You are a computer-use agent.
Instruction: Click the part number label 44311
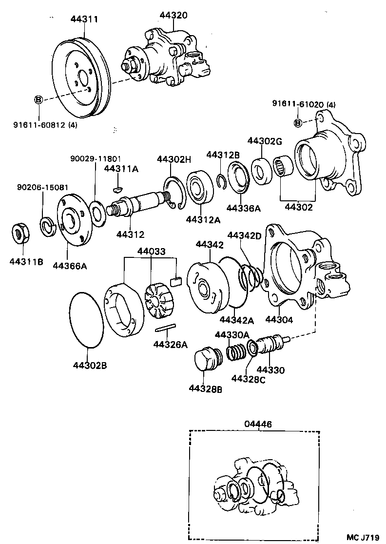[x=84, y=19]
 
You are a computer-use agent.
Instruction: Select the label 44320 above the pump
[x=173, y=15]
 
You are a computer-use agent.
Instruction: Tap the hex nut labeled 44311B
[x=20, y=233]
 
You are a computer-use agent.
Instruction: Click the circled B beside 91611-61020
[x=298, y=122]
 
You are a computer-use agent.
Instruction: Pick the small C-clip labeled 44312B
[x=221, y=180]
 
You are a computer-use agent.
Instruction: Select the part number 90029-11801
[x=96, y=159]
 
